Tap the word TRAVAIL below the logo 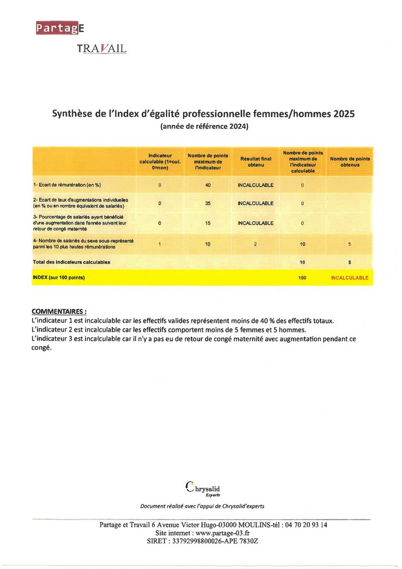102,49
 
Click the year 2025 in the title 344,114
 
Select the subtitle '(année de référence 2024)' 204,127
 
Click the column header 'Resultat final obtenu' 255,161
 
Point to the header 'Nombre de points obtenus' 350,161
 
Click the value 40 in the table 208,185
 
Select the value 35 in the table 208,203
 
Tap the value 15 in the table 208,223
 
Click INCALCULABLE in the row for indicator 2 255,203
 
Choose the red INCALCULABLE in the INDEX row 349,278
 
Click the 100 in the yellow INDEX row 302,278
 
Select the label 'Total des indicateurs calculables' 72,262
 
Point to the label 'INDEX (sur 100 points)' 59,277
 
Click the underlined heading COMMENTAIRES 59,311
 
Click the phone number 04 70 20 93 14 305,525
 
